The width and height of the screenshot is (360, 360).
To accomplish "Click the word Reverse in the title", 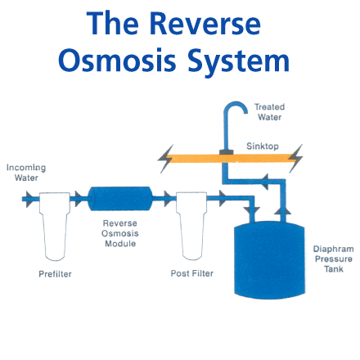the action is [x=205, y=24].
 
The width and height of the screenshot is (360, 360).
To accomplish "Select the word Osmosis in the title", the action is [x=117, y=61].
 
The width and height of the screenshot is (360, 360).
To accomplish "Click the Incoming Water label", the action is [x=26, y=173].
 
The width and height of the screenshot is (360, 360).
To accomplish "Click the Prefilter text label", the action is [x=55, y=274].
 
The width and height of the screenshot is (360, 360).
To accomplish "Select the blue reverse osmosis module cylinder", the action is [x=120, y=199].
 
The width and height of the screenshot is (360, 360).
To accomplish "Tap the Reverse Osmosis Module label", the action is [x=120, y=233].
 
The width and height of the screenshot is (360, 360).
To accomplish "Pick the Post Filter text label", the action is [x=192, y=273].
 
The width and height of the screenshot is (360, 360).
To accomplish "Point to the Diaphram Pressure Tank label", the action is [x=333, y=259].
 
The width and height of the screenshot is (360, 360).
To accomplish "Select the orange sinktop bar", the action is [x=231, y=159].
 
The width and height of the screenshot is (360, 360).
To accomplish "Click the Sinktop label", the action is [x=263, y=146].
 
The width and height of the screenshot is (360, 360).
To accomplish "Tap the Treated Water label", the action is [x=269, y=112].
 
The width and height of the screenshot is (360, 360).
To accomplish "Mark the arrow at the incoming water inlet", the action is [x=29, y=199].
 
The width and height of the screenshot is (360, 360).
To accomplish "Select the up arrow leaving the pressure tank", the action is [x=282, y=210].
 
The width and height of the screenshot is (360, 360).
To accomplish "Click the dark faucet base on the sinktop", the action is [x=227, y=152].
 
